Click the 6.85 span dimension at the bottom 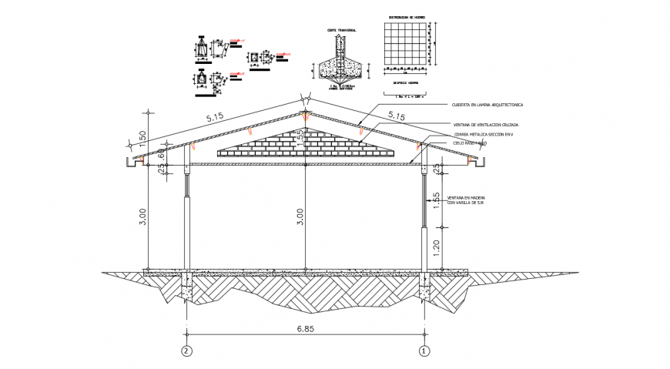click(x=305, y=328)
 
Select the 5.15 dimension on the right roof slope click(x=397, y=116)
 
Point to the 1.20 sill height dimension click(x=437, y=248)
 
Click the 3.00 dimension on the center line click(x=300, y=217)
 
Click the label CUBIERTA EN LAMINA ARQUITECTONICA click(x=487, y=105)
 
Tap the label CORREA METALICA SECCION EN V click(x=482, y=134)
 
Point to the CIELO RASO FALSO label click(x=470, y=143)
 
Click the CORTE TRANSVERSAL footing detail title click(x=341, y=31)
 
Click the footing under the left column click(x=187, y=291)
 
